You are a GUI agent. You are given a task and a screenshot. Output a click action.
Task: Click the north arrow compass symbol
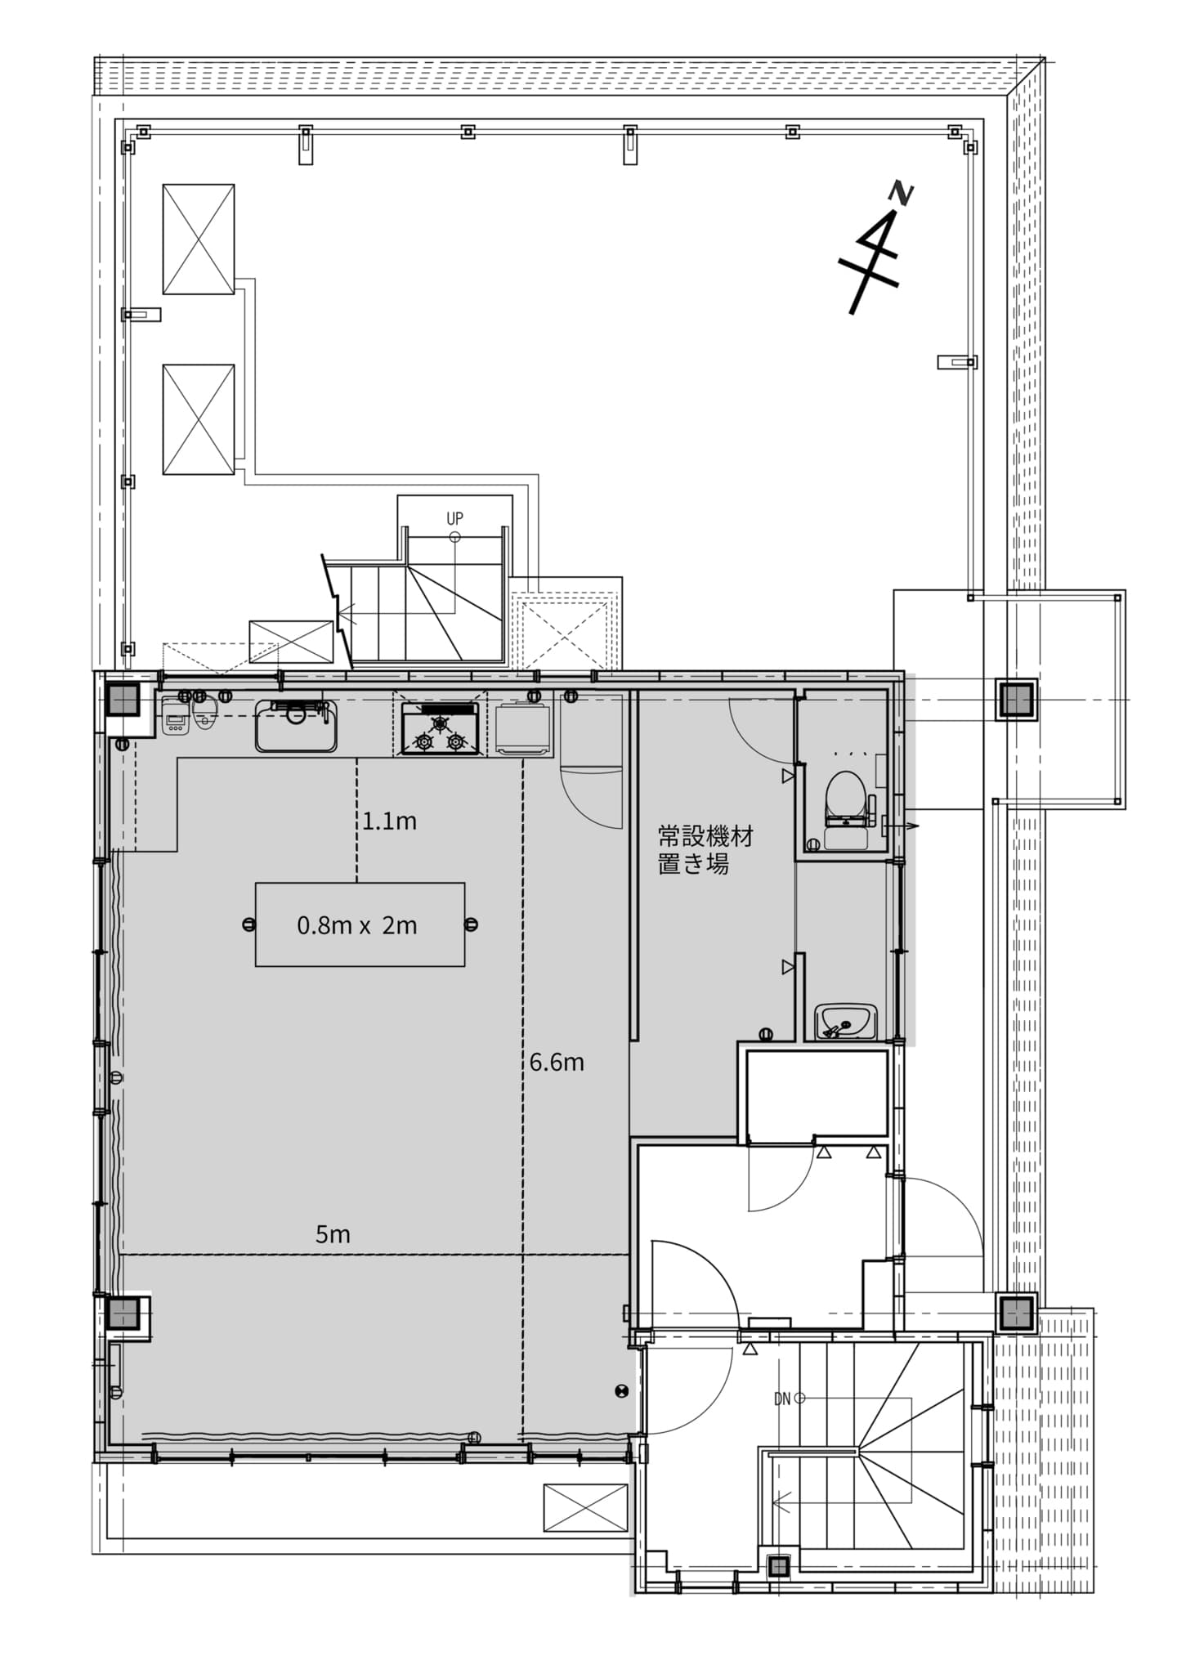(x=873, y=249)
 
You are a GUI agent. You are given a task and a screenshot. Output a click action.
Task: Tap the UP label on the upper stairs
(x=454, y=518)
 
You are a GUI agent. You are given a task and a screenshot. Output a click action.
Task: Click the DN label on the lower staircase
(x=782, y=1399)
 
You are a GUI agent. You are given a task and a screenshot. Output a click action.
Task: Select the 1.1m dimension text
(x=390, y=821)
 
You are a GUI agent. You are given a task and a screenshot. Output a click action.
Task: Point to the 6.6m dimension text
(x=557, y=1062)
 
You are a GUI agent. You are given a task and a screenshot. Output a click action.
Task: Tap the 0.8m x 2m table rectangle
(x=360, y=924)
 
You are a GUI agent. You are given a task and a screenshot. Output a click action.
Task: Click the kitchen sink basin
(x=296, y=726)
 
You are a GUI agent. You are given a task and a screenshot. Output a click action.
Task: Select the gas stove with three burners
(x=440, y=728)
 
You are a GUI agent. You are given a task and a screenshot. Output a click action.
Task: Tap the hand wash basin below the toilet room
(x=845, y=1022)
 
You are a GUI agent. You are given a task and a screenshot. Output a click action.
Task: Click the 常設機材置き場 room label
(x=706, y=850)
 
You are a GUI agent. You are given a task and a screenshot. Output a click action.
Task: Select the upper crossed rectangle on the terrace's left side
(x=199, y=239)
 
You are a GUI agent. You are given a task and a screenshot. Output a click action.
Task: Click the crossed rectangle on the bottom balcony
(x=586, y=1506)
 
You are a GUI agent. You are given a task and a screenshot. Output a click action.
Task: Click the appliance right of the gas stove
(x=524, y=728)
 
